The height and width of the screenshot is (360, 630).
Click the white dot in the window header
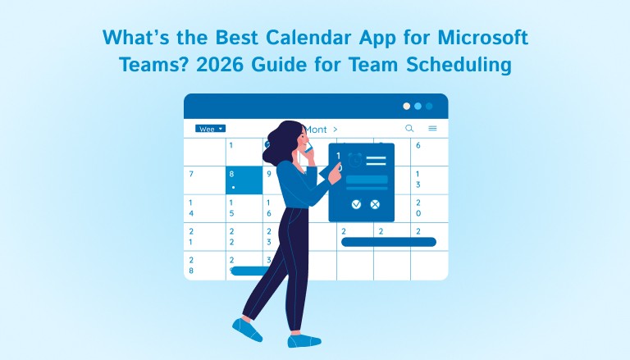pos(405,106)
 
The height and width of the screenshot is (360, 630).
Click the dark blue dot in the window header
pos(429,106)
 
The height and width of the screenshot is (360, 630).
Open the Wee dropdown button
pos(210,129)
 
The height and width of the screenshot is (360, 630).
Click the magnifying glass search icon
pos(409,129)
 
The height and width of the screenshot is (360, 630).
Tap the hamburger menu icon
pos(432,129)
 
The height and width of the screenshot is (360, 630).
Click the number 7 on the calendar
pos(191,174)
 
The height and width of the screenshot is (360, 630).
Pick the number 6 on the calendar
pos(418,146)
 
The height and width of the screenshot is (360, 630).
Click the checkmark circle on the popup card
pos(356,203)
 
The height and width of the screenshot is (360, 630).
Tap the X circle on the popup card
pos(376,203)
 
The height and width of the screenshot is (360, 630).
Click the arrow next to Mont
pos(335,129)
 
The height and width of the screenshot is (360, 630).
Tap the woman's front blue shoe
pos(247,330)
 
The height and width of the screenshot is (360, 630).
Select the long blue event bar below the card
pos(388,242)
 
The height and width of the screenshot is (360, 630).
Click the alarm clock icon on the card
pos(354,159)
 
